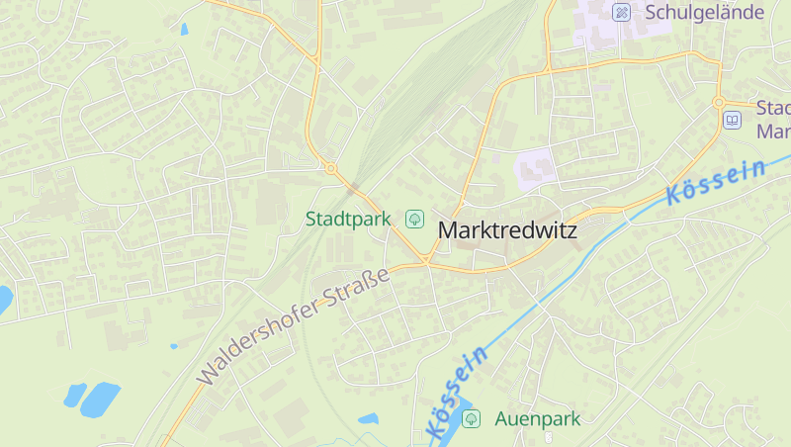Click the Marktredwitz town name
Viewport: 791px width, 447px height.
[506, 230]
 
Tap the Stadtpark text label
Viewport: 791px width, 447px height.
[347, 218]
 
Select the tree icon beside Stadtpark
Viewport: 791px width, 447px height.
[415, 218]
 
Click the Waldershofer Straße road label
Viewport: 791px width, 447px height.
[294, 325]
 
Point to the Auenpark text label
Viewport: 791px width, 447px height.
[537, 418]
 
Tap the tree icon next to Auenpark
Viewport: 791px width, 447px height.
[472, 418]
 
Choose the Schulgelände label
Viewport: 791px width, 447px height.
[704, 12]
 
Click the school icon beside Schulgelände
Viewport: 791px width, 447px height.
[621, 12]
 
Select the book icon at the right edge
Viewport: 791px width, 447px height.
[732, 121]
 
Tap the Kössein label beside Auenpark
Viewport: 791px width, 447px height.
[456, 394]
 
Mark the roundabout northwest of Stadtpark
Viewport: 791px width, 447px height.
[330, 168]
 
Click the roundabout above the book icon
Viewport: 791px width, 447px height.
[719, 102]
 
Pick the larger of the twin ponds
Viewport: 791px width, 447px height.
[100, 399]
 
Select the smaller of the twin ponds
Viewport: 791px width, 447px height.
[75, 395]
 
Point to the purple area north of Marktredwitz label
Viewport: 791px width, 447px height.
[535, 168]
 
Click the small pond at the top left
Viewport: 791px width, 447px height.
[184, 29]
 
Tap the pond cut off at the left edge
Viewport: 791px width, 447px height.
[4, 299]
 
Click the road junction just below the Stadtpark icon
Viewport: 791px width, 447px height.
[426, 260]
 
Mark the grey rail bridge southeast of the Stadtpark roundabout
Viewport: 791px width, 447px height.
[354, 186]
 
